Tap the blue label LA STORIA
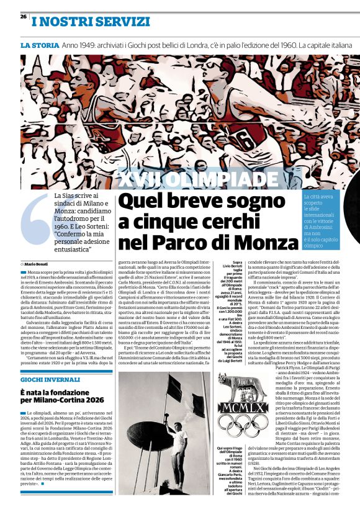[x=38, y=47]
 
